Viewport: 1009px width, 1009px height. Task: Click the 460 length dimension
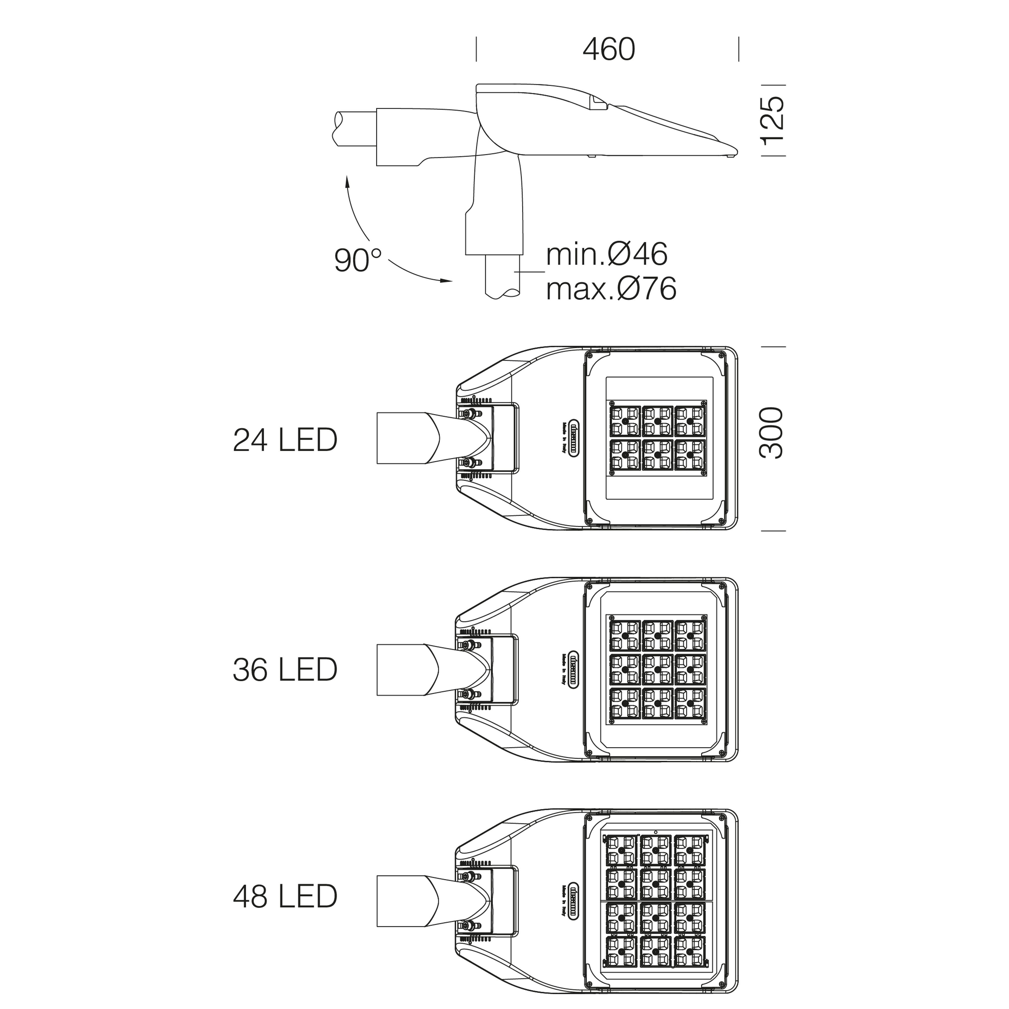click(x=608, y=50)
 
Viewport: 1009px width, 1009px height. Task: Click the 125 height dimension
click(x=771, y=121)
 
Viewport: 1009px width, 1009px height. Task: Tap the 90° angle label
click(x=358, y=260)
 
